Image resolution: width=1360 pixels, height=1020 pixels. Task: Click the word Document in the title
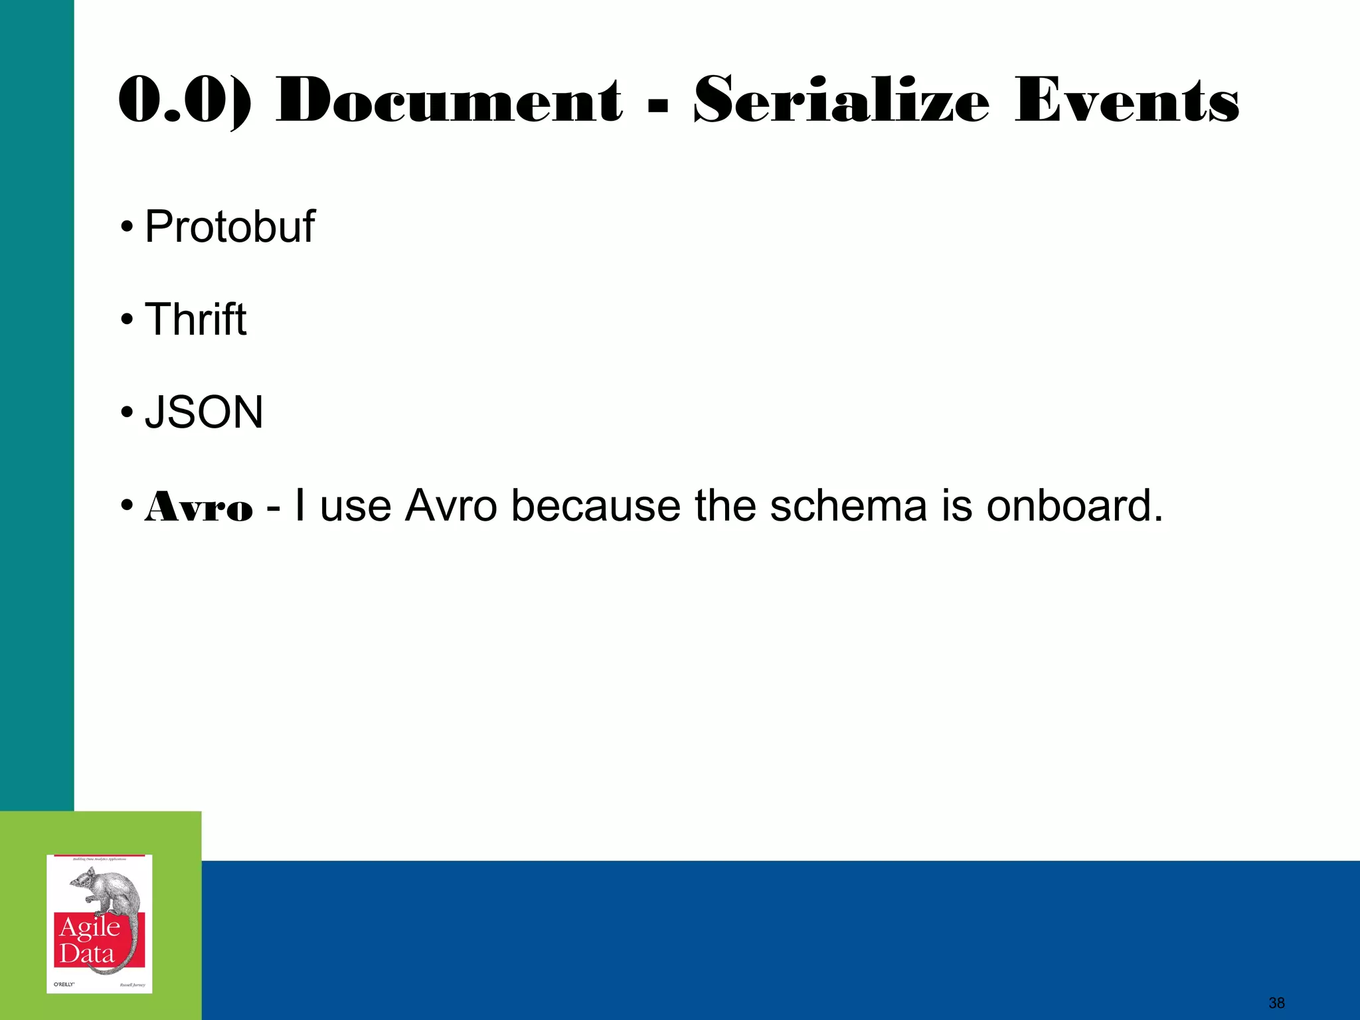(x=449, y=100)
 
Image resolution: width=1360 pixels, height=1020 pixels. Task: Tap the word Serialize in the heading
(x=841, y=100)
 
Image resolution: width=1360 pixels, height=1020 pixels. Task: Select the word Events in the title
(x=1126, y=100)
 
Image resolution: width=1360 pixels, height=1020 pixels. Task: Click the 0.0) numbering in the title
(x=185, y=100)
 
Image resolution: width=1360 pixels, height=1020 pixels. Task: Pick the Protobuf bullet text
(x=229, y=227)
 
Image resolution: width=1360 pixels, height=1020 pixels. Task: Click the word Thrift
(x=195, y=320)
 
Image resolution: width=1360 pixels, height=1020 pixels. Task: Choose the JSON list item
(x=204, y=412)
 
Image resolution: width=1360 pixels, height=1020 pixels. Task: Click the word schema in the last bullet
(x=848, y=506)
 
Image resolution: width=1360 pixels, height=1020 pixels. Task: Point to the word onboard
(x=1074, y=506)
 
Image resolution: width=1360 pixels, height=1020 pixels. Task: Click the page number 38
(x=1276, y=1003)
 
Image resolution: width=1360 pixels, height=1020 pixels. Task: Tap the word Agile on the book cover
(x=90, y=928)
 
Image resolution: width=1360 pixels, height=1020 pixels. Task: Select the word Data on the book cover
(x=87, y=954)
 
